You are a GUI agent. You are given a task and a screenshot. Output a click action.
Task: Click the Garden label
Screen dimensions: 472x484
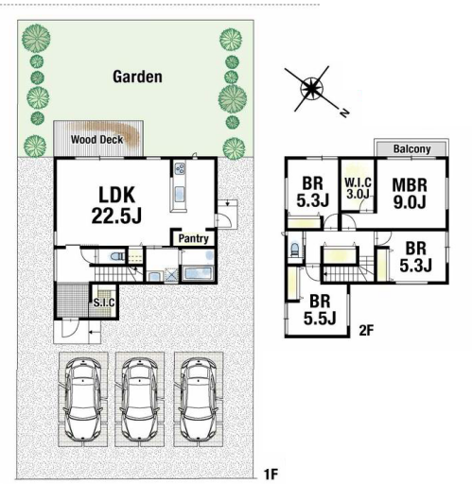coord(137,77)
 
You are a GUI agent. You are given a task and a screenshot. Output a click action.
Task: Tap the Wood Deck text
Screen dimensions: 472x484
coord(96,139)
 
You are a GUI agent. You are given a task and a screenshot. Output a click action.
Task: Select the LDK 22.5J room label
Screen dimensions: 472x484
coord(116,205)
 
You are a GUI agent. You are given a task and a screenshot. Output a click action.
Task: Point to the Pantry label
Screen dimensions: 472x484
coord(193,238)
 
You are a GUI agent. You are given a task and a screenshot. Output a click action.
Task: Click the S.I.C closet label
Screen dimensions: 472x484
coord(104,302)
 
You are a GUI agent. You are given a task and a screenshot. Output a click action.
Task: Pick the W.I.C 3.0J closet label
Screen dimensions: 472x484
coord(358,188)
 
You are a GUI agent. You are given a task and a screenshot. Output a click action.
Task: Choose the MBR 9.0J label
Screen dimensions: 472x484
coord(410,194)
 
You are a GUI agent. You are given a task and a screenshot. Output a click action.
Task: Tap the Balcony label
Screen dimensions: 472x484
coord(411,148)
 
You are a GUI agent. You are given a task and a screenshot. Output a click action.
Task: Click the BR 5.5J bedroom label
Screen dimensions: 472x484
coord(320,310)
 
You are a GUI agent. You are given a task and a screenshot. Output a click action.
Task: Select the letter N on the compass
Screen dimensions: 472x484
coord(344,112)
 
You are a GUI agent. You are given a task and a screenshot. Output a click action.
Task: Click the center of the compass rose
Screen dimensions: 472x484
coord(311,88)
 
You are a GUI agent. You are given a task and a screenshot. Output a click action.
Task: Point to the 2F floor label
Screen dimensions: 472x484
coord(366,331)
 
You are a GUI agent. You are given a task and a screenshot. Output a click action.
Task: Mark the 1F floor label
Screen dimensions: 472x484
coord(271,474)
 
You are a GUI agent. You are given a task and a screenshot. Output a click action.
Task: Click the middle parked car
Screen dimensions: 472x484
coord(139,400)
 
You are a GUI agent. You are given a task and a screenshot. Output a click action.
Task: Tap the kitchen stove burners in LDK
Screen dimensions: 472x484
coord(180,168)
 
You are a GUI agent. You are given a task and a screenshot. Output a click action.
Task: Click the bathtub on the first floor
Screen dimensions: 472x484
coord(198,273)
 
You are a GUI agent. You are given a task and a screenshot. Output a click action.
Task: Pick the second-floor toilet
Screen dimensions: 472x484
coord(294,250)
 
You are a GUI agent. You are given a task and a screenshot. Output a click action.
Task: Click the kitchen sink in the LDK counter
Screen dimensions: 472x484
coord(180,193)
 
